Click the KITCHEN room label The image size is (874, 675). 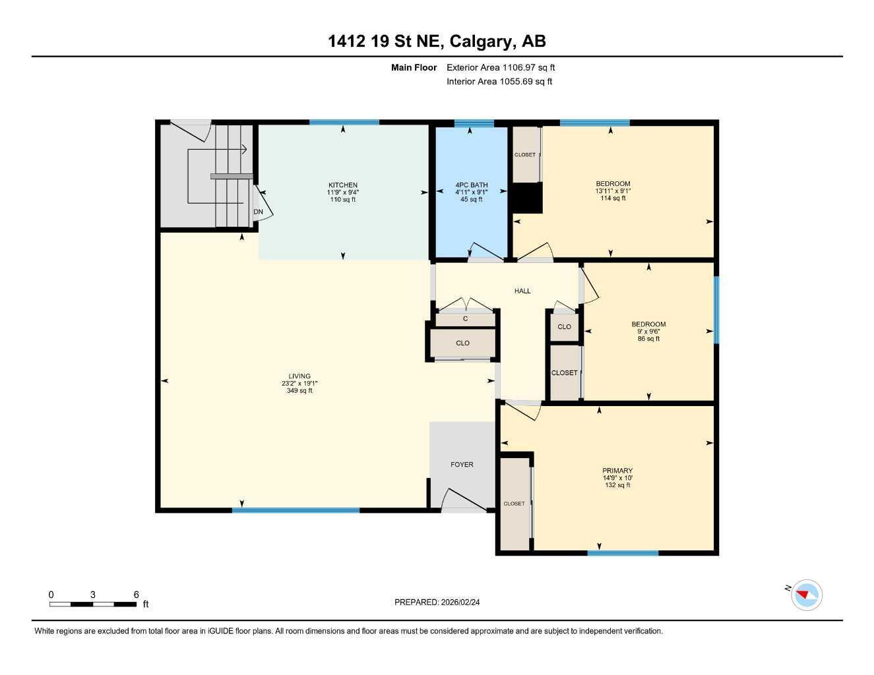[x=343, y=185]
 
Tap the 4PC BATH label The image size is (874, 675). [x=471, y=185]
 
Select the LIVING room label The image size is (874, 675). [x=299, y=376]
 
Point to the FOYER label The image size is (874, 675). [x=462, y=465]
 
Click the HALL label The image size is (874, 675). [x=522, y=291]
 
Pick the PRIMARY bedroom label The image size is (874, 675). [x=617, y=471]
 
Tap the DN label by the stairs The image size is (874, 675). [x=259, y=212]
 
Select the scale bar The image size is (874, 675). [x=93, y=604]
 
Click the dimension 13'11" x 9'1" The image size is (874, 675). [x=613, y=191]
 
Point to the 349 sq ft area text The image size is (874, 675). [x=299, y=391]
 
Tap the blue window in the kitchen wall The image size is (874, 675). [x=344, y=122]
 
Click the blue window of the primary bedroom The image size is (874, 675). [x=623, y=553]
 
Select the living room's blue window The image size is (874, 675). [x=296, y=510]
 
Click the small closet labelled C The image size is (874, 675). [x=465, y=319]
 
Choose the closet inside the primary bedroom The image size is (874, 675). [x=515, y=504]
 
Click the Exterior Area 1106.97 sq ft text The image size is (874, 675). [x=501, y=67]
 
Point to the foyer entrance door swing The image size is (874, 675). [x=463, y=499]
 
